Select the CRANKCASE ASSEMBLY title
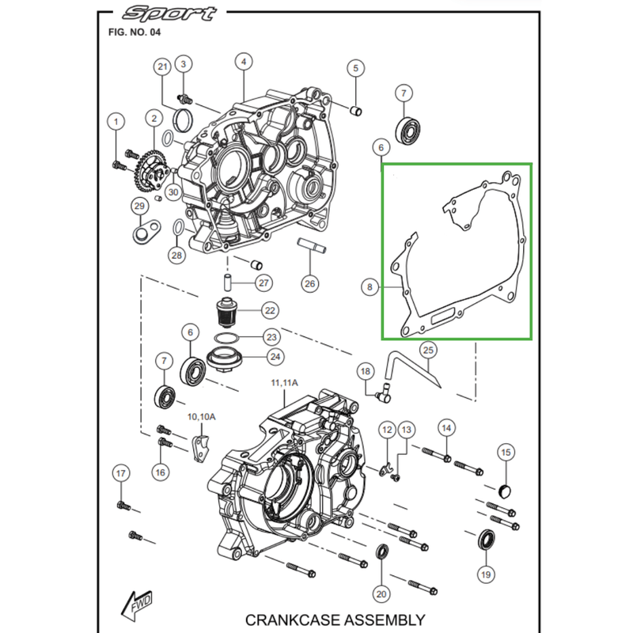pos(335,620)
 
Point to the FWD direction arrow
pos(133,605)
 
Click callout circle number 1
pos(117,122)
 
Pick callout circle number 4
pos(244,62)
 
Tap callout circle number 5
pos(355,68)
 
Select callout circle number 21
pos(163,67)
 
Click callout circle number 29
pos(139,207)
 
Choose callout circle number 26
pos(309,282)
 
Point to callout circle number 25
pos(426,349)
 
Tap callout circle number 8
pos(369,288)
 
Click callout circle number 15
pos(505,452)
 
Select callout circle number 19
pos(485,574)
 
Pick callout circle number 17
pos(120,474)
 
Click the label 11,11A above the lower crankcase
pos(285,382)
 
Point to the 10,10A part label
pos(201,417)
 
